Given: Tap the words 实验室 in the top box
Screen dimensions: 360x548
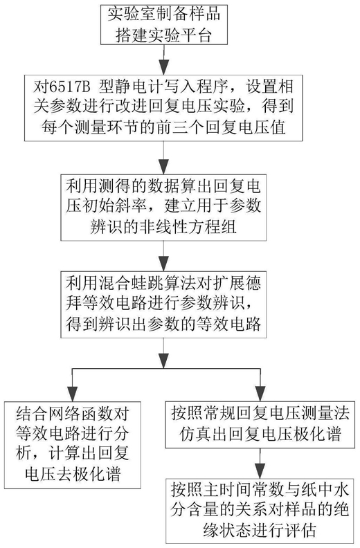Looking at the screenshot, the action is tap(132, 15).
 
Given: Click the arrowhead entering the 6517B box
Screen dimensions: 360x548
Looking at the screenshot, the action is tap(164, 66).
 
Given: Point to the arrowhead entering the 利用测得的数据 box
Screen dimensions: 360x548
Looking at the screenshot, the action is tap(164, 167).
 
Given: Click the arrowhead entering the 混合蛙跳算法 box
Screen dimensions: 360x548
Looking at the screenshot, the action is tap(164, 264).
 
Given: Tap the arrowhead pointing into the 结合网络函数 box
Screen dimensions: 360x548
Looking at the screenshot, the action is tap(72, 393).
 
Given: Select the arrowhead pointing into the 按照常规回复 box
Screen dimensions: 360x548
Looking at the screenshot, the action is tap(260, 393).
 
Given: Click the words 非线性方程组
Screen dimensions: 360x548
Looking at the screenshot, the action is tap(188, 227).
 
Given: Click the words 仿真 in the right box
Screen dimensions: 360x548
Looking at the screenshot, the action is tap(196, 435).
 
